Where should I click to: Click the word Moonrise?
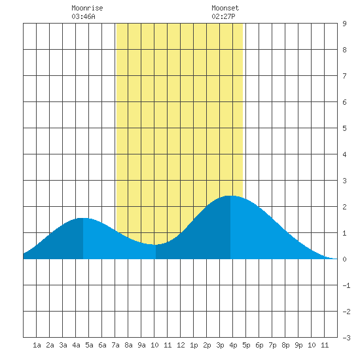[x=87, y=8]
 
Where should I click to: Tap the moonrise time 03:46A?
[x=83, y=16]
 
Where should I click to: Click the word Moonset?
[x=225, y=8]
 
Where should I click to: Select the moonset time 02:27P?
[x=223, y=16]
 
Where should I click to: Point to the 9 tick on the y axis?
[x=344, y=24]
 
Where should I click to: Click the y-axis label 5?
[x=344, y=128]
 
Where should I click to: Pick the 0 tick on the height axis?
[x=344, y=259]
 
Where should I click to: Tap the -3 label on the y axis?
[x=346, y=338]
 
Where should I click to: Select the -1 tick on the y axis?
[x=346, y=285]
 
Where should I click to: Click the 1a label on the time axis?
[x=37, y=345]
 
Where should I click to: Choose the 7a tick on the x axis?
[x=115, y=345]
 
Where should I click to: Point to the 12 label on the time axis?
[x=181, y=345]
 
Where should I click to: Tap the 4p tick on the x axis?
[x=233, y=345]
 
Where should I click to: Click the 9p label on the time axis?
[x=298, y=345]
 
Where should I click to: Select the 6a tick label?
[x=102, y=345]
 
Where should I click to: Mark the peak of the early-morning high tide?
[x=83, y=218]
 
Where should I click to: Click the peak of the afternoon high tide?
[x=230, y=196]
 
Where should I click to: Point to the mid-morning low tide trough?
[x=156, y=245]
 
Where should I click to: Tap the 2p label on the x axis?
[x=207, y=345]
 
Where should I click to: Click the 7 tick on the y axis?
[x=344, y=76]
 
